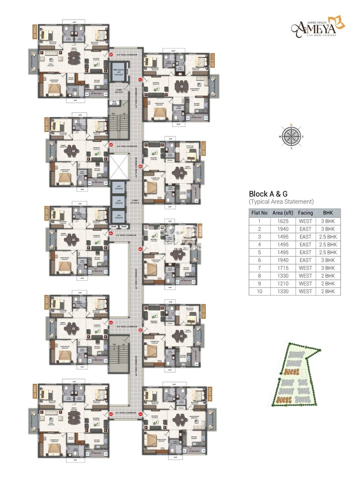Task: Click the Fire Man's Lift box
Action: click(x=118, y=73)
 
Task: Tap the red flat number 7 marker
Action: click(x=140, y=80)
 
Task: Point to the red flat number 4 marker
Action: click(x=111, y=234)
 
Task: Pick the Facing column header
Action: click(x=305, y=213)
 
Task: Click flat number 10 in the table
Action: click(x=259, y=291)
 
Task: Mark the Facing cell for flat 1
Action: click(x=305, y=221)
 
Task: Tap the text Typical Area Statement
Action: click(x=281, y=202)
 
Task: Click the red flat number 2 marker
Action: click(x=111, y=414)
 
